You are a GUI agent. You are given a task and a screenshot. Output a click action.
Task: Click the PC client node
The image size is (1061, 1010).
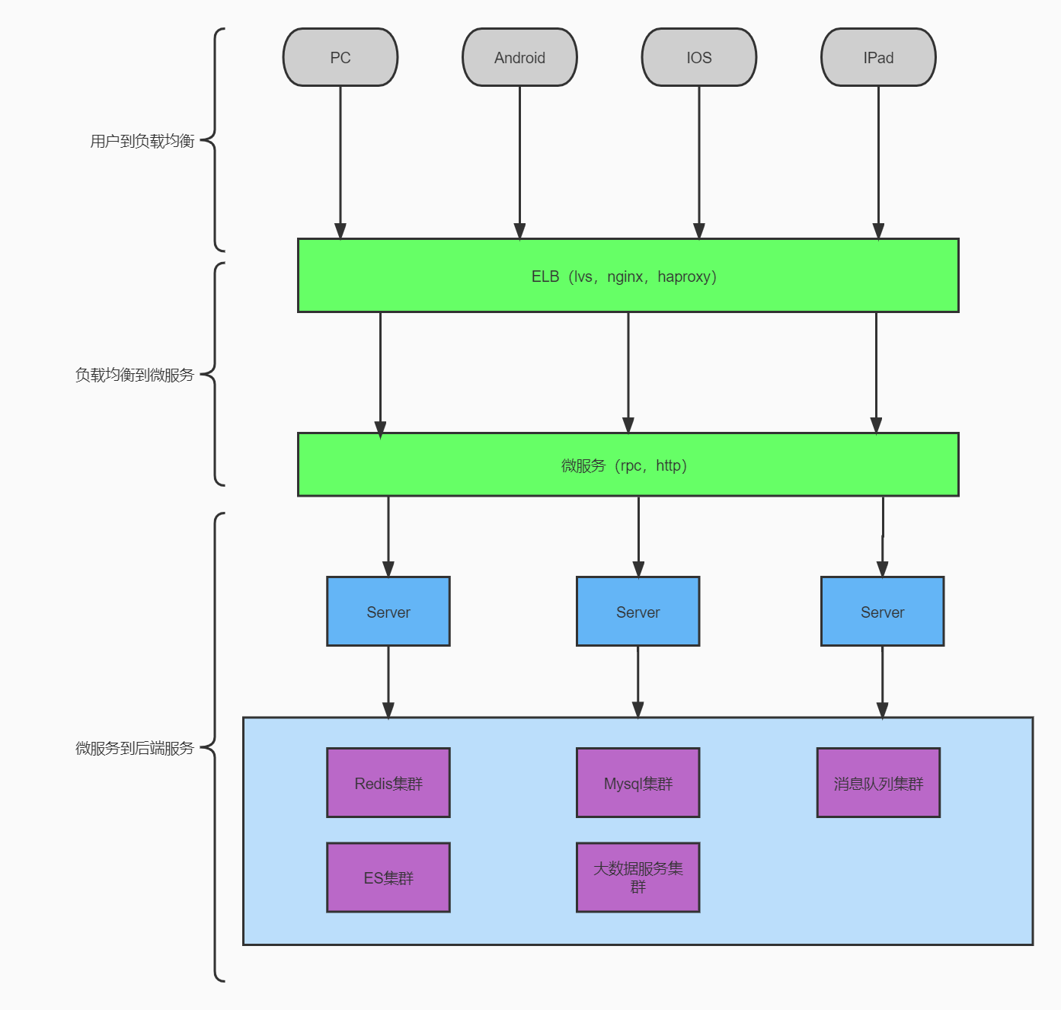tap(340, 58)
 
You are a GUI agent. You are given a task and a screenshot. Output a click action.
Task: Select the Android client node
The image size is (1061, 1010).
tap(519, 58)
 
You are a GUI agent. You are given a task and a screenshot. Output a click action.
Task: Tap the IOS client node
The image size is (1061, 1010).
tap(698, 58)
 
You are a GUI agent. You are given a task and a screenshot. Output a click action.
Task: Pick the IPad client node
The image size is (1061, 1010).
tap(878, 58)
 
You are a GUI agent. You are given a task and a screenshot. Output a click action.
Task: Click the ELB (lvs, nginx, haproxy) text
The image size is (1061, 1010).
tap(624, 276)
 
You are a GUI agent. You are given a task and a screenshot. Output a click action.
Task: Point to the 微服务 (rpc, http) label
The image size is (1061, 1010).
tap(624, 465)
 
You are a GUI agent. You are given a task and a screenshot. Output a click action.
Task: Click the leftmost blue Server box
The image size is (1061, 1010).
tap(388, 612)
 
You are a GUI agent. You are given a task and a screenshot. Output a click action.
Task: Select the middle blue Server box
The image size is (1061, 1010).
tap(638, 612)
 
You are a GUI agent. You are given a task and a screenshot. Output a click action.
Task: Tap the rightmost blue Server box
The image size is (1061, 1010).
tap(882, 612)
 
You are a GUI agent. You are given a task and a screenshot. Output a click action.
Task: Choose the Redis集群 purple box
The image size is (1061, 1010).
tap(388, 783)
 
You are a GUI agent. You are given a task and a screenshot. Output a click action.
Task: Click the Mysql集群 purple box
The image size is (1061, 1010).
tap(638, 783)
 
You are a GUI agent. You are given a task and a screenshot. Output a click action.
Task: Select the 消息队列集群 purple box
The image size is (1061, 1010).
tap(878, 783)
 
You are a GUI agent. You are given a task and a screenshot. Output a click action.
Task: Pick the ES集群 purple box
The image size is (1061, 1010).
tap(388, 877)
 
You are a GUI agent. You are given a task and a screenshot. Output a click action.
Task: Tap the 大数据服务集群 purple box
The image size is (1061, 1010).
tap(638, 877)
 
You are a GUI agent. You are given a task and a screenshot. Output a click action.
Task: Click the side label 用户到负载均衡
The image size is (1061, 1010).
tap(142, 141)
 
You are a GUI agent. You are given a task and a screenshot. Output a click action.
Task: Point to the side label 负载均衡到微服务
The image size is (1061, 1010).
tap(135, 375)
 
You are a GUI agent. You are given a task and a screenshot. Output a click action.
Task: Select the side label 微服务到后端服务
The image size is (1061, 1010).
tap(135, 748)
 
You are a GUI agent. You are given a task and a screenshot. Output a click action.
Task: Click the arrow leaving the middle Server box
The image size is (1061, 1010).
tap(638, 682)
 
